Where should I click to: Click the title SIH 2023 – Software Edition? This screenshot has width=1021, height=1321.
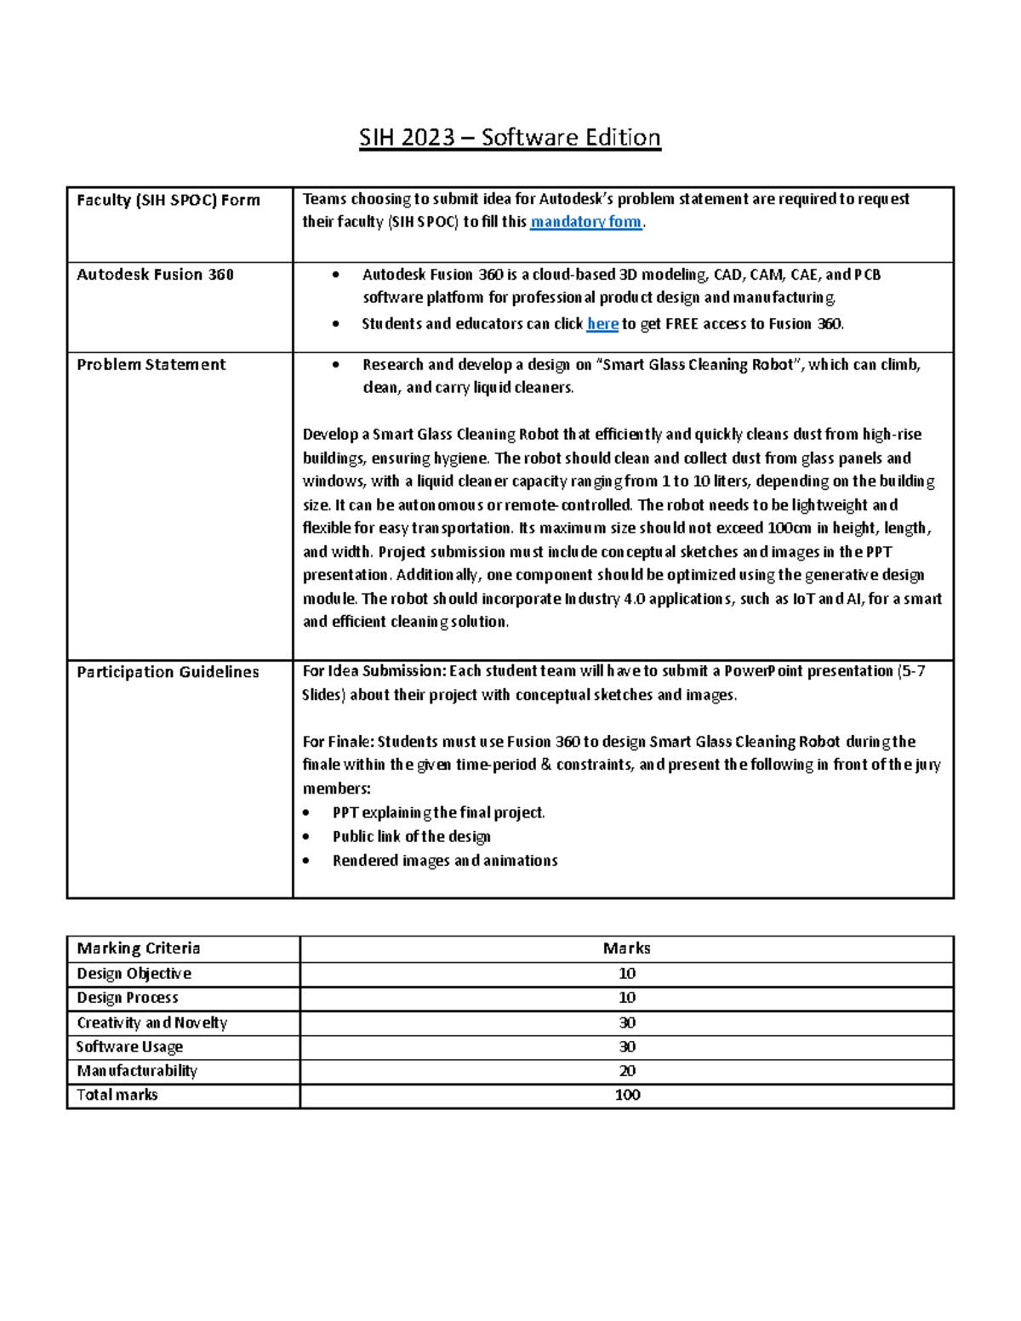[510, 138]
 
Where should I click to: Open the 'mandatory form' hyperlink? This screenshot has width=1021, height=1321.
[585, 222]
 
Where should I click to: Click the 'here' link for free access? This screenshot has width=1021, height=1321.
[602, 324]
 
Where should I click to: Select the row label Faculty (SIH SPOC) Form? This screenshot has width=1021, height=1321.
[168, 200]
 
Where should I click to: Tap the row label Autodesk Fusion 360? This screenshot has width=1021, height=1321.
[155, 275]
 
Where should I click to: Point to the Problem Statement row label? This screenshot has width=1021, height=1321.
[151, 365]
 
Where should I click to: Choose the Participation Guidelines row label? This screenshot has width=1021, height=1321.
[168, 672]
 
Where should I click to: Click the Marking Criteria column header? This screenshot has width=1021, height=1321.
[139, 948]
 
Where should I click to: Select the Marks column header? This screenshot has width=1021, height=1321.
[627, 948]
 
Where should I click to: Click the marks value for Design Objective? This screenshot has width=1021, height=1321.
[627, 974]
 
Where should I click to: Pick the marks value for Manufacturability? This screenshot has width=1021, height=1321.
[627, 1071]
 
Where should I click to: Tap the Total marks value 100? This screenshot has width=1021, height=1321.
[627, 1096]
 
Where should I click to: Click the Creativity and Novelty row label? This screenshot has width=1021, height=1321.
[152, 1022]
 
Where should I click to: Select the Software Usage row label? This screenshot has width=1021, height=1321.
[129, 1047]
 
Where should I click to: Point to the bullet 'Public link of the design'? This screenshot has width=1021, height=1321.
[411, 837]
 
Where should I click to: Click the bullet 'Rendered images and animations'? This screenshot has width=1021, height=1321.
[445, 861]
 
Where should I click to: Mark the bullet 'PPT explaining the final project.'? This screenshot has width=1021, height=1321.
[438, 813]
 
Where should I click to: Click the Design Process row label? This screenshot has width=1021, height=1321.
[128, 998]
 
